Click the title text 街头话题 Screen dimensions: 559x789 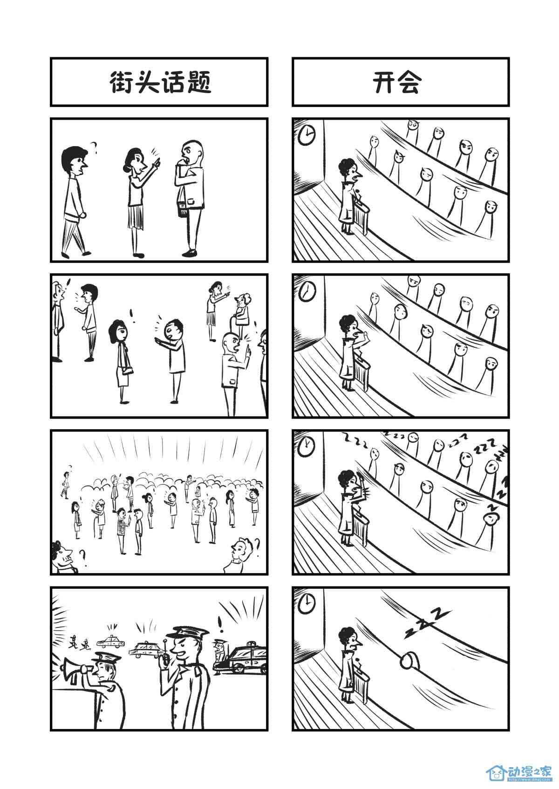pyautogui.click(x=161, y=82)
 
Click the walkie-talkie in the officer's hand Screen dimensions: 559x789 pyautogui.click(x=165, y=656)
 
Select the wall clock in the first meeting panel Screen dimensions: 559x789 pyautogui.click(x=307, y=134)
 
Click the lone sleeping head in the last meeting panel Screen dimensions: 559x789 pyautogui.click(x=409, y=661)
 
